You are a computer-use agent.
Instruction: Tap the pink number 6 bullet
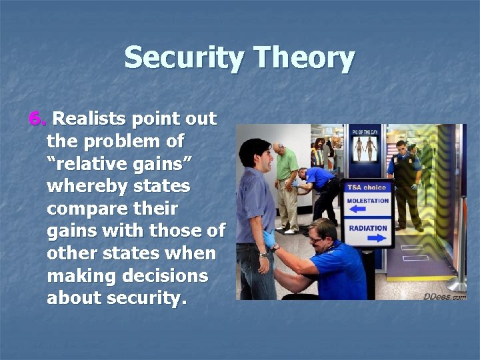37,119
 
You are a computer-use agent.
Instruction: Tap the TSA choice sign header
366,187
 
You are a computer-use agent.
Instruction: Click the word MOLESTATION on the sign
367,201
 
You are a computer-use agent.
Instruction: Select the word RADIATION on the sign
367,228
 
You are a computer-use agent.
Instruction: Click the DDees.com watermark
445,296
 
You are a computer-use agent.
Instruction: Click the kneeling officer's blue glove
269,238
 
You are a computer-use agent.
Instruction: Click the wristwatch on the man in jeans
265,254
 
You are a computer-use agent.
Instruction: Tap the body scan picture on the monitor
364,147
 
